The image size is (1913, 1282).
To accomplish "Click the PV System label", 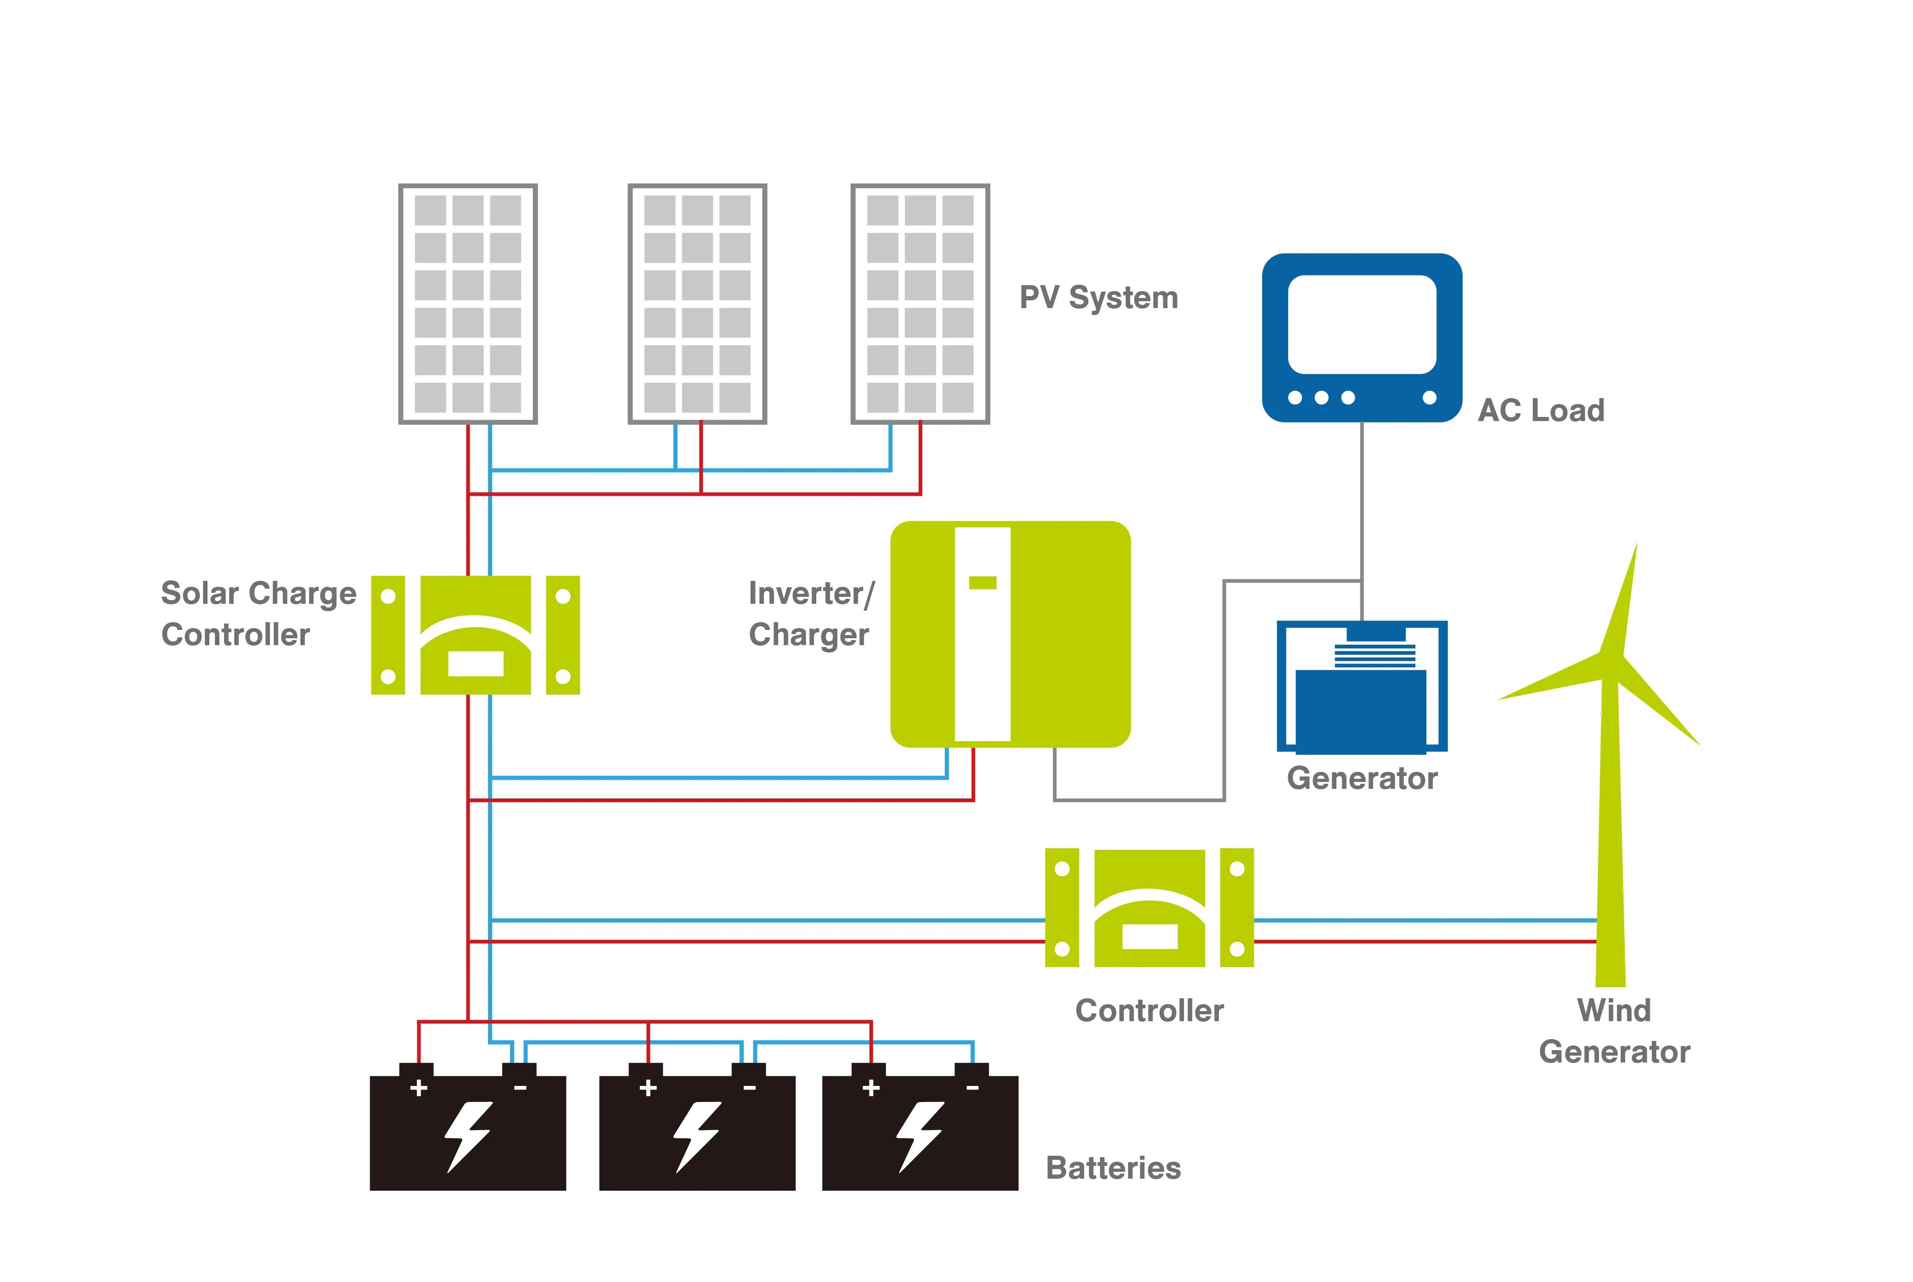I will point(1098,298).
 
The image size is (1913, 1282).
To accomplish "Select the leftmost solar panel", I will point(468,304).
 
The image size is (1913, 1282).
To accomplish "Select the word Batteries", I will point(1113,1168).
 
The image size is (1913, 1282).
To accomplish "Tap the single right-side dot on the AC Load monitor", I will point(1429,397).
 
